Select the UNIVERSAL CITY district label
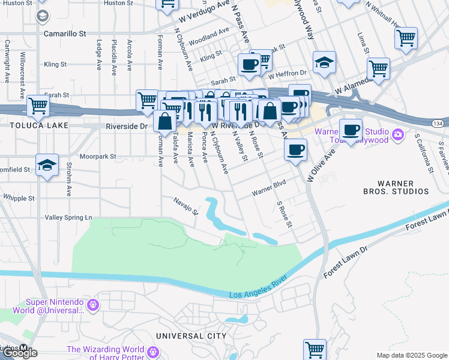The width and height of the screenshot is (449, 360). [191, 335]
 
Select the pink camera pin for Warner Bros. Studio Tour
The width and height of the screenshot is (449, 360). [397, 136]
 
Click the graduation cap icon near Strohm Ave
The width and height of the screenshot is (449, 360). [47, 166]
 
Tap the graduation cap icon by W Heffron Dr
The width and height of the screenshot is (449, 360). [324, 62]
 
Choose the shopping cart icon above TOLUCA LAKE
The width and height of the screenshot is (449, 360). [38, 106]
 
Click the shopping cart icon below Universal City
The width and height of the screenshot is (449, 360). [315, 349]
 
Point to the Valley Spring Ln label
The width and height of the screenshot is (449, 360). [69, 217]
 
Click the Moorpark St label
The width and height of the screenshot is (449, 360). [97, 156]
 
